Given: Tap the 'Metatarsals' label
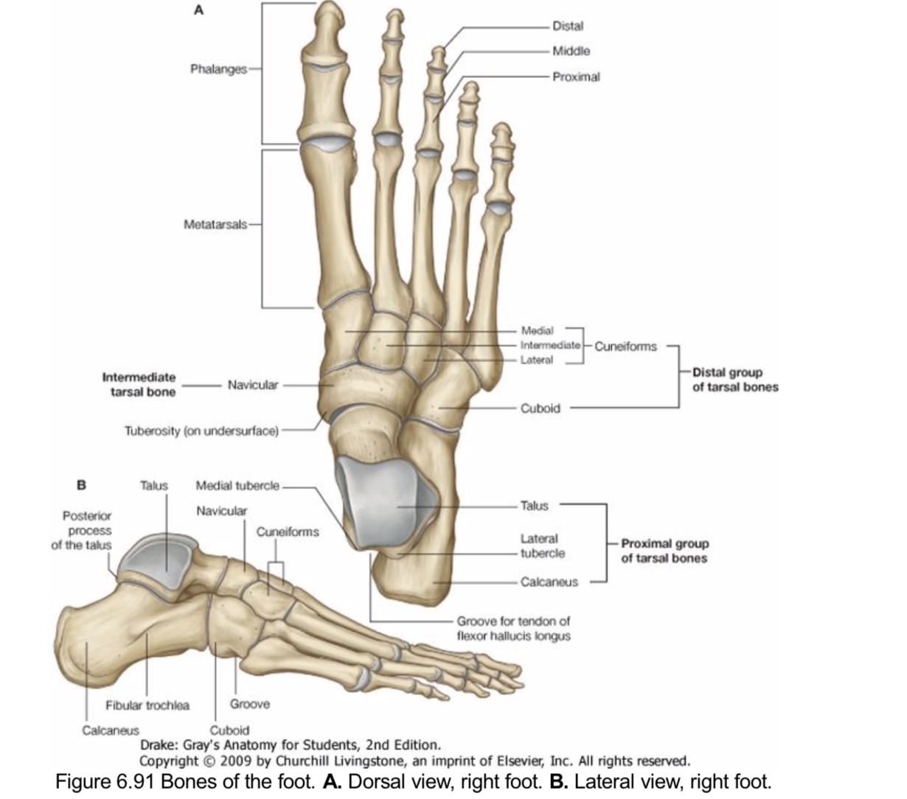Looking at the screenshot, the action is (x=216, y=223).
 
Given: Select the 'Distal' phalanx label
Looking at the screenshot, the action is (x=567, y=27).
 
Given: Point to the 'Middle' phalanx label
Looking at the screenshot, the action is (x=571, y=52).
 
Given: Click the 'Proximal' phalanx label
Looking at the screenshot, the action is (x=575, y=77).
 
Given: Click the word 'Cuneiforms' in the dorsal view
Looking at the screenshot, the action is (x=625, y=346).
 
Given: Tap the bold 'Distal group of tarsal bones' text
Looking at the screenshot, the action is (x=734, y=380).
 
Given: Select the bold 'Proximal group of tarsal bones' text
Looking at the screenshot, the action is (x=664, y=551).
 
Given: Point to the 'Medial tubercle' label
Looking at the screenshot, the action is (x=237, y=486).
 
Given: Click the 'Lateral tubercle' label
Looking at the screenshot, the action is (x=542, y=546).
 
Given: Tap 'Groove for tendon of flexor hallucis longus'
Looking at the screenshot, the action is (x=513, y=629).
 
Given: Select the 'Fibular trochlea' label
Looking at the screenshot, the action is (x=147, y=705).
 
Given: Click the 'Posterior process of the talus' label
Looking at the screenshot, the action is (x=82, y=531).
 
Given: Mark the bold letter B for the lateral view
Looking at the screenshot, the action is (x=82, y=485).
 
